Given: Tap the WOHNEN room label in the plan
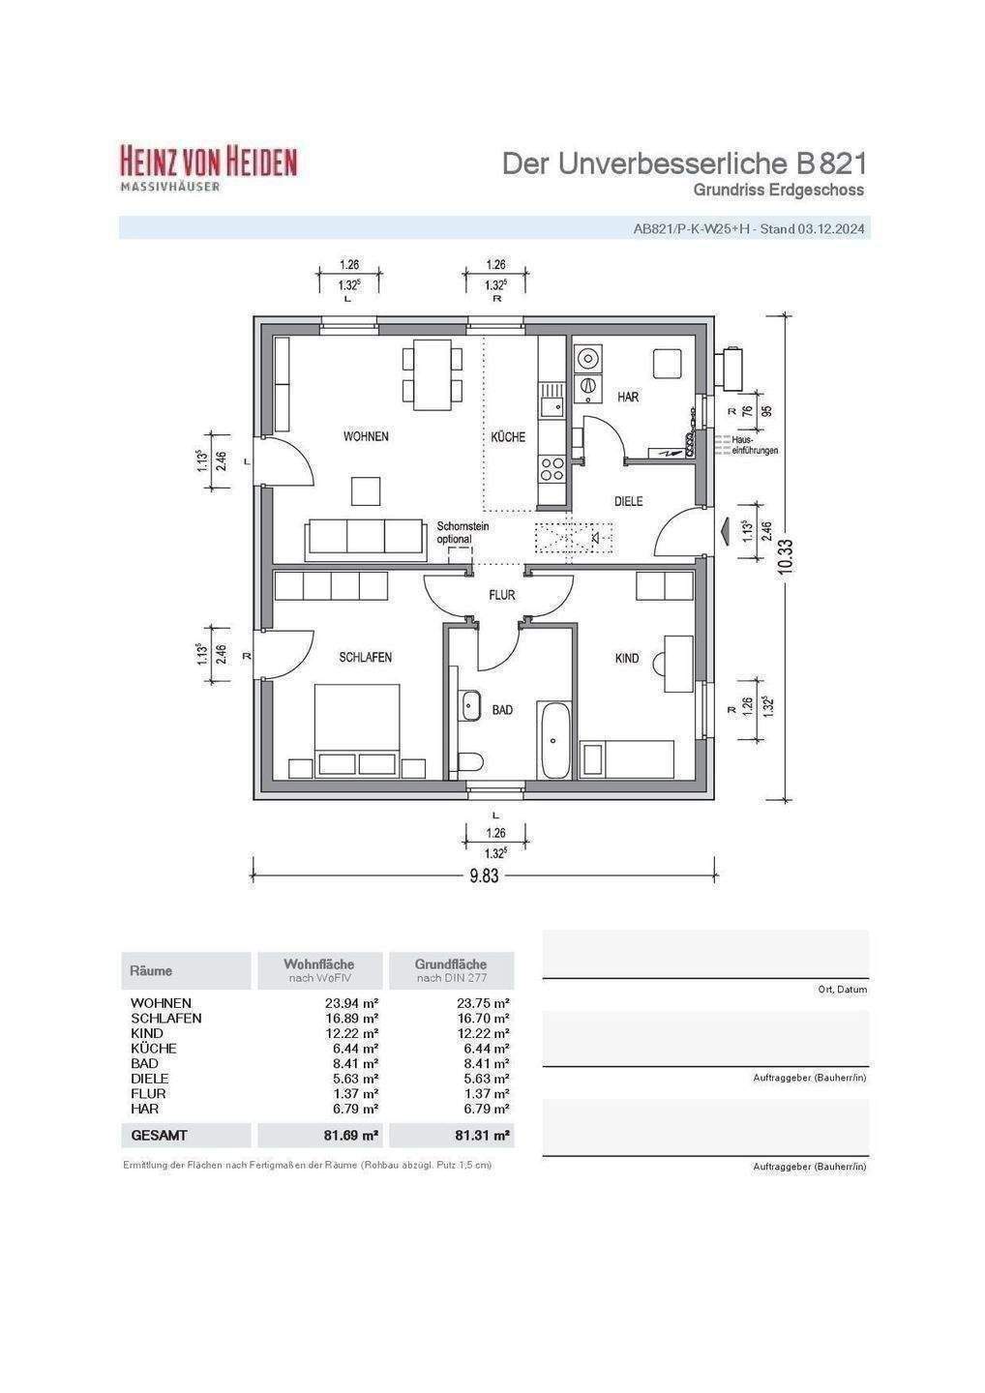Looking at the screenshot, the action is click(x=366, y=436).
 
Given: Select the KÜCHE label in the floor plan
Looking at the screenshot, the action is click(x=508, y=437).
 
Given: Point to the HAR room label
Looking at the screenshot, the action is click(x=628, y=397).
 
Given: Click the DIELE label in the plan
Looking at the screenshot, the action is click(x=628, y=501).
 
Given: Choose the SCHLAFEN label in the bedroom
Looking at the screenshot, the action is click(x=366, y=658).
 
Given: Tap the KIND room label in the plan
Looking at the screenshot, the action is click(x=627, y=658).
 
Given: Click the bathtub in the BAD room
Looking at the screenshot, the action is click(x=555, y=741).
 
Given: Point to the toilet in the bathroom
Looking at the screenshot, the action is click(x=470, y=762).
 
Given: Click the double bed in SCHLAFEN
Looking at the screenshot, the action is click(x=357, y=730).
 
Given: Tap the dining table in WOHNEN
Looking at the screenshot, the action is click(x=433, y=374).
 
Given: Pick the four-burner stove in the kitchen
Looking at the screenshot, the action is click(x=552, y=469).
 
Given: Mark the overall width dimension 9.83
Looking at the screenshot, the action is click(x=484, y=875).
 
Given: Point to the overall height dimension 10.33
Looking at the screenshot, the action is click(x=786, y=555).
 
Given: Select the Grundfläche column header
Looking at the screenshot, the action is click(x=451, y=964).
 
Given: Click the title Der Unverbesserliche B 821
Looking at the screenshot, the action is click(x=684, y=163).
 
